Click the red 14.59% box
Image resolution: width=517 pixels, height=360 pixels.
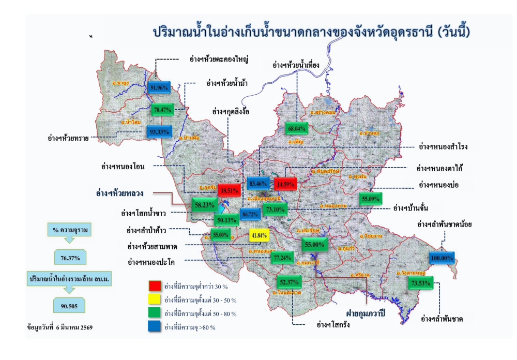click(285, 184)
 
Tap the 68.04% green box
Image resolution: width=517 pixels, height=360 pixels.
click(296, 128)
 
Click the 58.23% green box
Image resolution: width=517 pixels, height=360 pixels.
click(205, 205)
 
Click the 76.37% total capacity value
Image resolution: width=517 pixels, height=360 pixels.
click(70, 257)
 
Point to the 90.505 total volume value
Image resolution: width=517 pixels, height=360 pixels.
click(70, 305)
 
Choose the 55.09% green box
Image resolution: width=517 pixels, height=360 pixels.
click(371, 199)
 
